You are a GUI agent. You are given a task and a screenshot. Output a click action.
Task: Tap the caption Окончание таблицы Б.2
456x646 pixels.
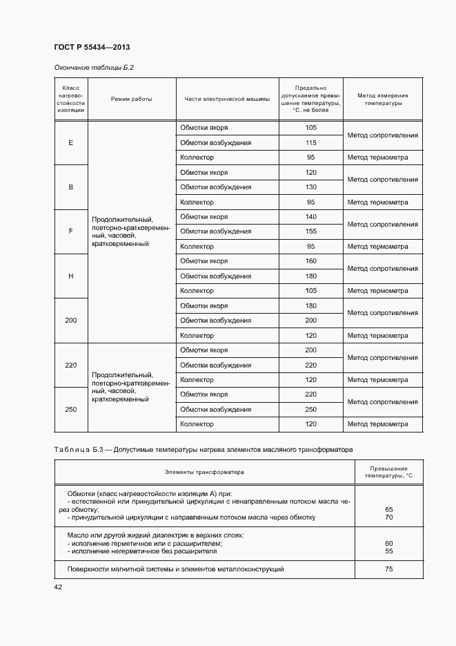93,68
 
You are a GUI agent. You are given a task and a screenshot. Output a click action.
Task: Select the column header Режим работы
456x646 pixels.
131,99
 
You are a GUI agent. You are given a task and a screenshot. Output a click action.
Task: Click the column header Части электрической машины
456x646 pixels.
226,99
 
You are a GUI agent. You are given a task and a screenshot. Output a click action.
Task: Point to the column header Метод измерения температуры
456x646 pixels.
382,99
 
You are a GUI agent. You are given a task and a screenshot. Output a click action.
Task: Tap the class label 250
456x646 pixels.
70,409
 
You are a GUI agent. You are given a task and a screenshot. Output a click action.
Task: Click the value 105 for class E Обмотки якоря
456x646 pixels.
310,128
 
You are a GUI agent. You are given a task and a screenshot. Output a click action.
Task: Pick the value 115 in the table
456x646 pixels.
310,143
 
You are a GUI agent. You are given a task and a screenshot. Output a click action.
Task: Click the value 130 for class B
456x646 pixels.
310,187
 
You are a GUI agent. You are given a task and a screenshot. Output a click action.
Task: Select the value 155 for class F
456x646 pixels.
310,231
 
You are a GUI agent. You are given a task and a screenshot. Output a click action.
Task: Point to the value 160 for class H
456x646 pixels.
310,261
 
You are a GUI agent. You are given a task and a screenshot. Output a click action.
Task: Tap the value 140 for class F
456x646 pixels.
310,217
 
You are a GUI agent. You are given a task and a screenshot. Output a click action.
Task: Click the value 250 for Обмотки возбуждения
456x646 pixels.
310,409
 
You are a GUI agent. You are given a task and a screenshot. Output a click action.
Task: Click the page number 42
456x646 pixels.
58,587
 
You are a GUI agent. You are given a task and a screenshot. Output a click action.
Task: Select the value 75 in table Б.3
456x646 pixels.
388,569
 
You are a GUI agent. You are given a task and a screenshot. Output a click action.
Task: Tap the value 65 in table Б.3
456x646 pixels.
388,509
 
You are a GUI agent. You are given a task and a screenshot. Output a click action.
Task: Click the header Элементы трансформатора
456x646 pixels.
204,472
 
